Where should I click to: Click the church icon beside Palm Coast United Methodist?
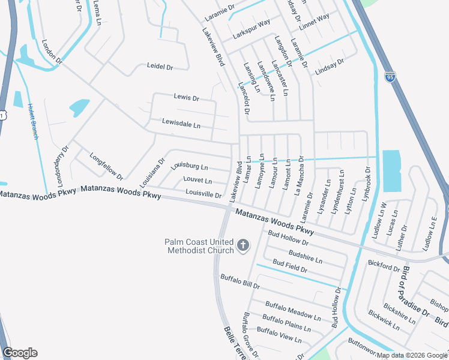pyautogui.click(x=243, y=245)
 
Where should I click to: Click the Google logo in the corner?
pyautogui.click(x=20, y=353)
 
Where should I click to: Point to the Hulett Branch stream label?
pyautogui.click(x=32, y=122)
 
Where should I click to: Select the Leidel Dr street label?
pyautogui.click(x=160, y=67)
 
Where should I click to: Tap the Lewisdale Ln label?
pyautogui.click(x=181, y=124)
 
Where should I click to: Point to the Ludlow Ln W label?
pyautogui.click(x=380, y=220)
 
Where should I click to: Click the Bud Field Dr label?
pyautogui.click(x=289, y=267)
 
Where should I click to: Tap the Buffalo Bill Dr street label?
pyautogui.click(x=240, y=282)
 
